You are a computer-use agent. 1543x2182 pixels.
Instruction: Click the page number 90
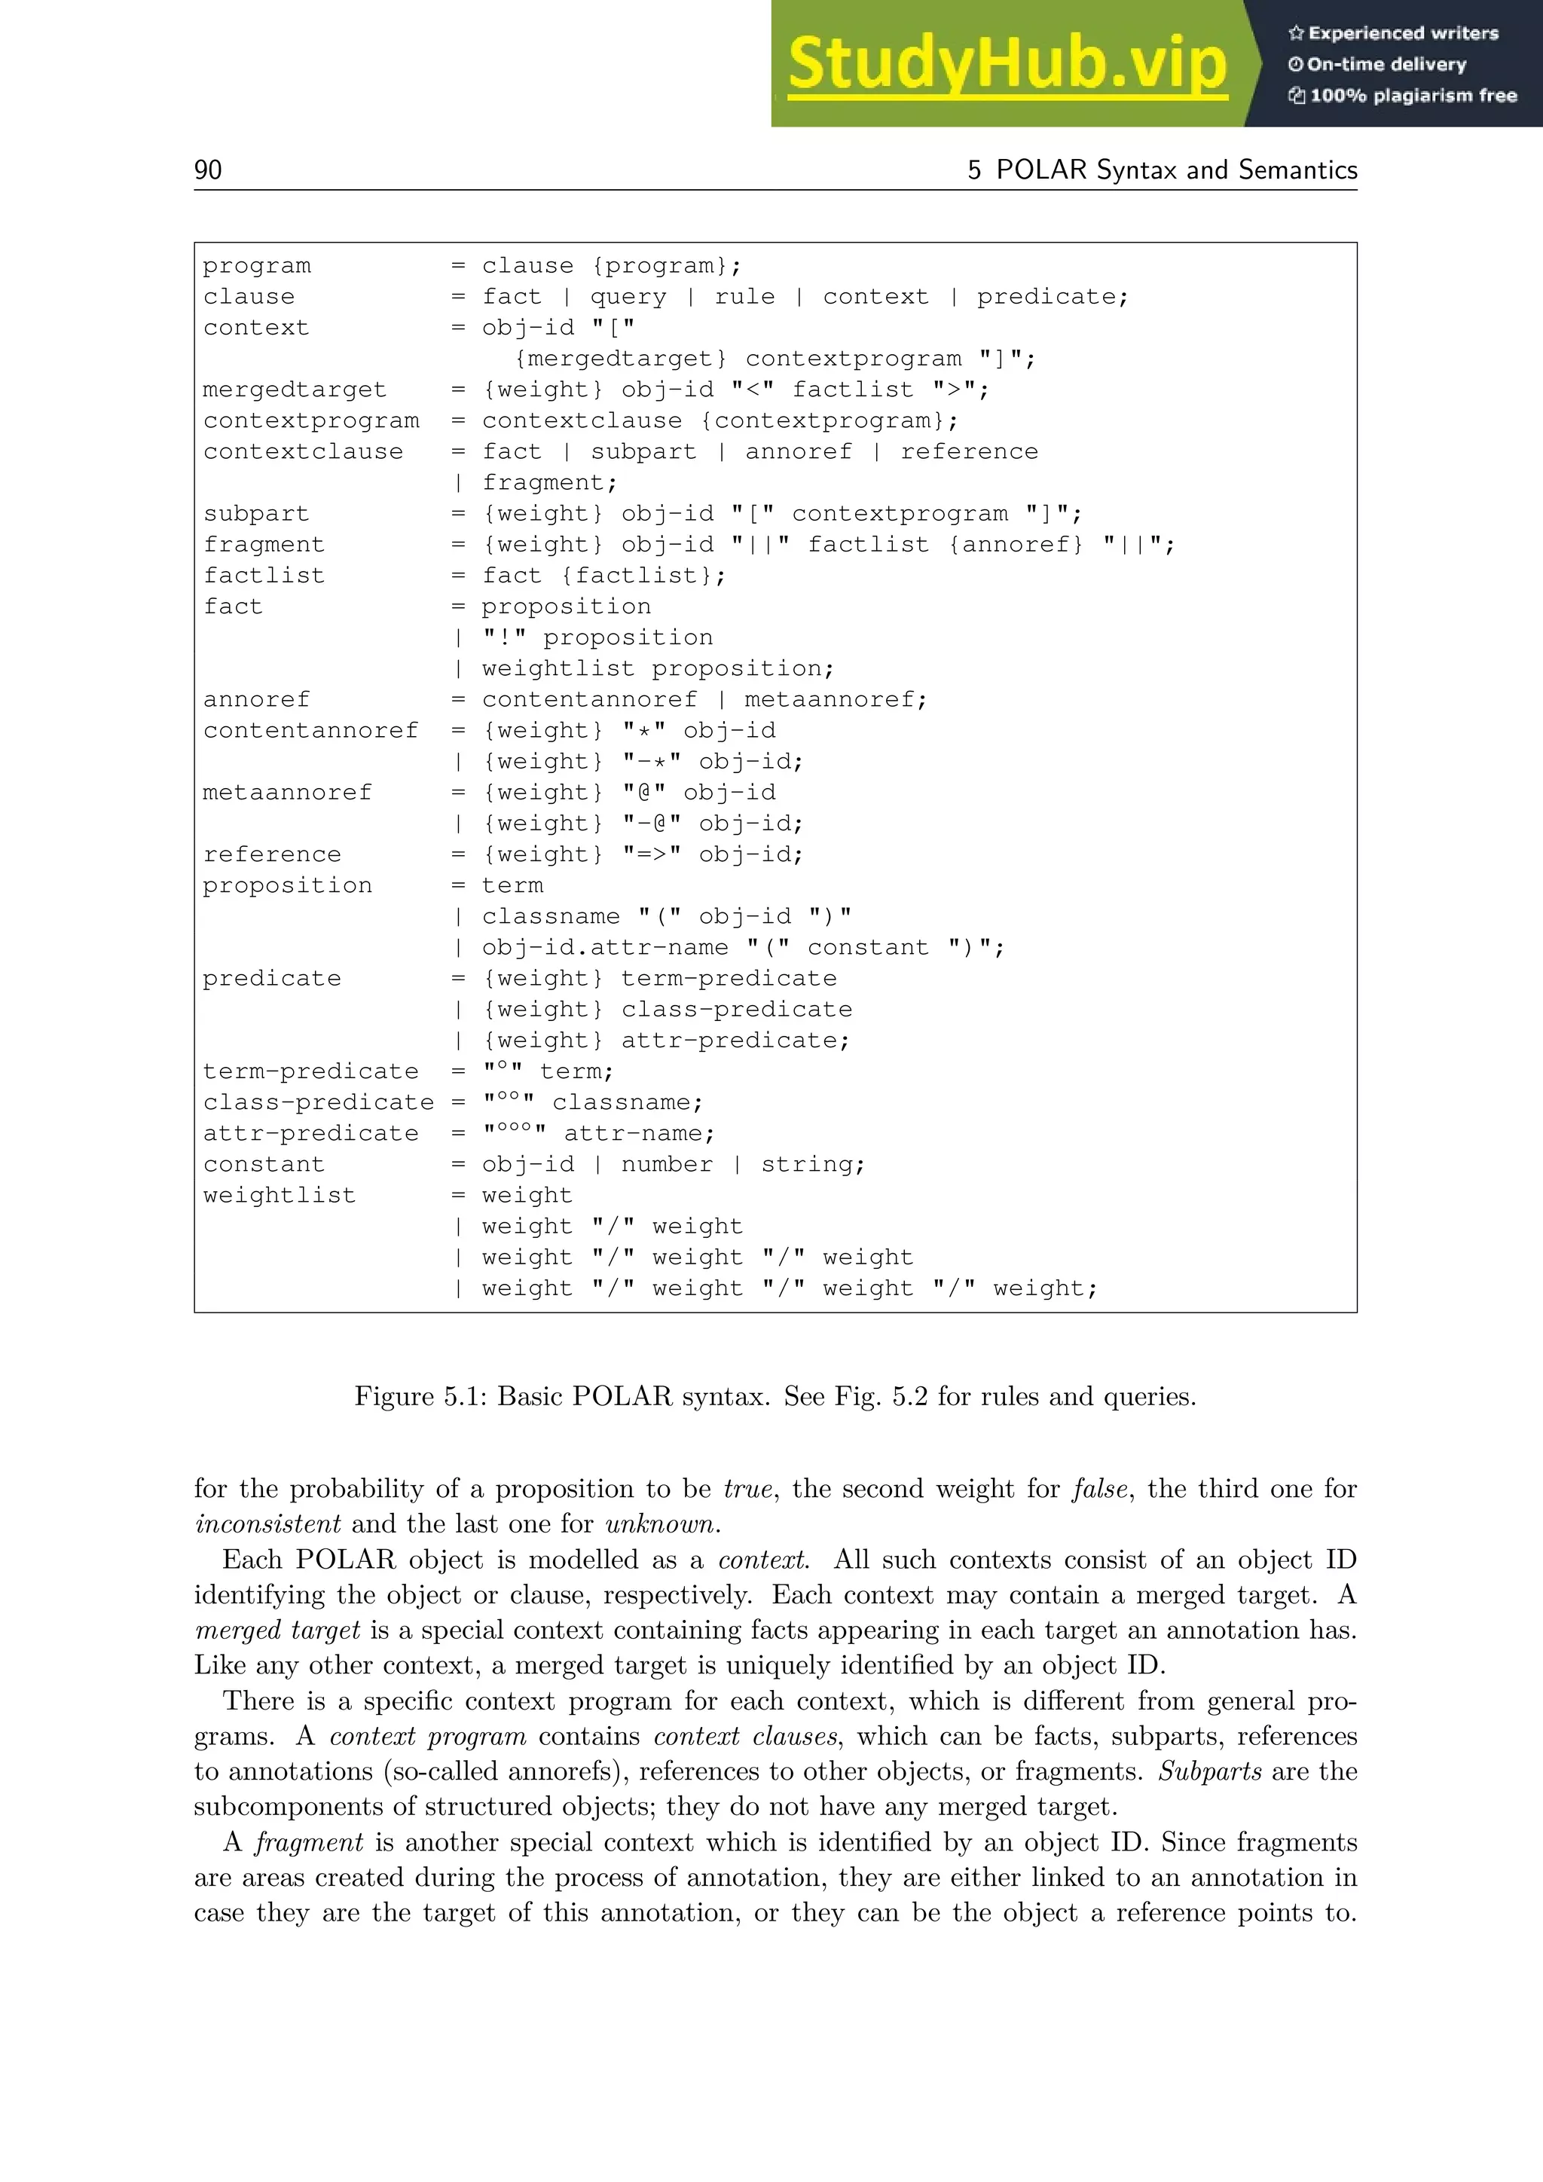click(208, 170)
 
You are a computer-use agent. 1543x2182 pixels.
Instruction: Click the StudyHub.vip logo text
click(1007, 65)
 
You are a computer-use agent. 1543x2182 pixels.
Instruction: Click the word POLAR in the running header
click(1040, 170)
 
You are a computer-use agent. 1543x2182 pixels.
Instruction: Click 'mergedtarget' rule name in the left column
click(295, 390)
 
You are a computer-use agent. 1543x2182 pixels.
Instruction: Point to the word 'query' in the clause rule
click(628, 297)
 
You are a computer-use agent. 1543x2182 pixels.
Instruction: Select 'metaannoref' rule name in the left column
click(287, 793)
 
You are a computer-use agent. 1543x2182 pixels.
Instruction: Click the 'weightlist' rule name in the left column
click(280, 1196)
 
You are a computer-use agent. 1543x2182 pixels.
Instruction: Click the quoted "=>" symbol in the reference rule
click(652, 854)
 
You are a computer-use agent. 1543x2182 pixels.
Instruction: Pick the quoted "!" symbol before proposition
click(503, 637)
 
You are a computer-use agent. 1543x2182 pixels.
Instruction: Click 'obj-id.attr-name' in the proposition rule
click(604, 948)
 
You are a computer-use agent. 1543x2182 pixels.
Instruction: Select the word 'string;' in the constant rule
click(812, 1164)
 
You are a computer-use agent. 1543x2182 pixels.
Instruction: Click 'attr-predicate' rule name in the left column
click(310, 1134)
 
